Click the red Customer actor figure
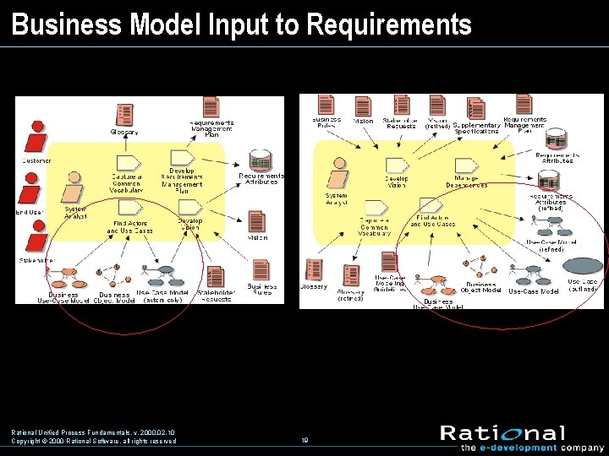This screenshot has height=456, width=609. pos(36,134)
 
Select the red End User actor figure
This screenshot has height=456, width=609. pos(36,187)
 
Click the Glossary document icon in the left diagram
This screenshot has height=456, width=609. pos(125,115)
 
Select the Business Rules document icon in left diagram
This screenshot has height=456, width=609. pos(261,270)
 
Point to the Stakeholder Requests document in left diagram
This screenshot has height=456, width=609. pos(216,277)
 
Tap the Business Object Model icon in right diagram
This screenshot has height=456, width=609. pos(480,272)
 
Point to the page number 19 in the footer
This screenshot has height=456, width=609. pos(304,441)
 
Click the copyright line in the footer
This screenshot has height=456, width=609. pos(94,441)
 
